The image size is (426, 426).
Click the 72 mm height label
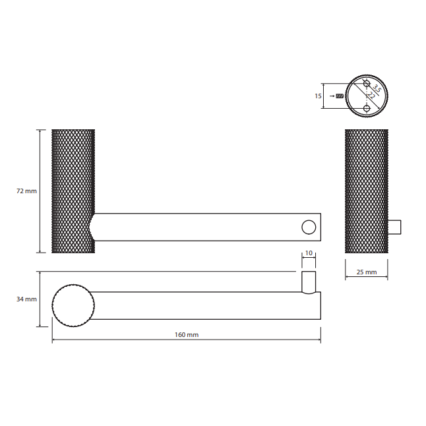(26, 191)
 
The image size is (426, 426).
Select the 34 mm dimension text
(26, 299)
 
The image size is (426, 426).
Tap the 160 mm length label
(187, 335)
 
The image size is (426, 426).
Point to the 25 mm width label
(367, 272)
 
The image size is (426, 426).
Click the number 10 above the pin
(309, 253)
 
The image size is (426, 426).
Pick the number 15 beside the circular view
(318, 96)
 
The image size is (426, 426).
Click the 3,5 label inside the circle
(377, 88)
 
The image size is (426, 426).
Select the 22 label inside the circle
(371, 96)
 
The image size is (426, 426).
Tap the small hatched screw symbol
(340, 96)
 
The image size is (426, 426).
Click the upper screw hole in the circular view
(367, 83)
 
